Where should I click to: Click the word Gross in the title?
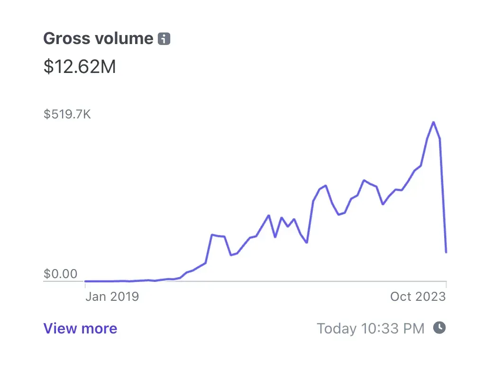66,38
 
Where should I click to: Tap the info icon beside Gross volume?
164,39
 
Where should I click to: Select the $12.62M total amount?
80,67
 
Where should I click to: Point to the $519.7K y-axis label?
67,114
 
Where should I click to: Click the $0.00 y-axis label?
60,274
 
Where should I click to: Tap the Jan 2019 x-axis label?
112,297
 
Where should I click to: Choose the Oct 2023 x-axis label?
418,297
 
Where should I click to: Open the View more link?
80,328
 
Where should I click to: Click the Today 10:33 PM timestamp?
370,328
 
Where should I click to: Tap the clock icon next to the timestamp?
440,327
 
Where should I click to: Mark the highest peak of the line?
433,122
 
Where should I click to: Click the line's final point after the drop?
446,252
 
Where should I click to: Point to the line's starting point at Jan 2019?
85,281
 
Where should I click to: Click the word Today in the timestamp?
337,328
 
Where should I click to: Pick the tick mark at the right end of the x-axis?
446,285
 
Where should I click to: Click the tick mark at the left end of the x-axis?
85,285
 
